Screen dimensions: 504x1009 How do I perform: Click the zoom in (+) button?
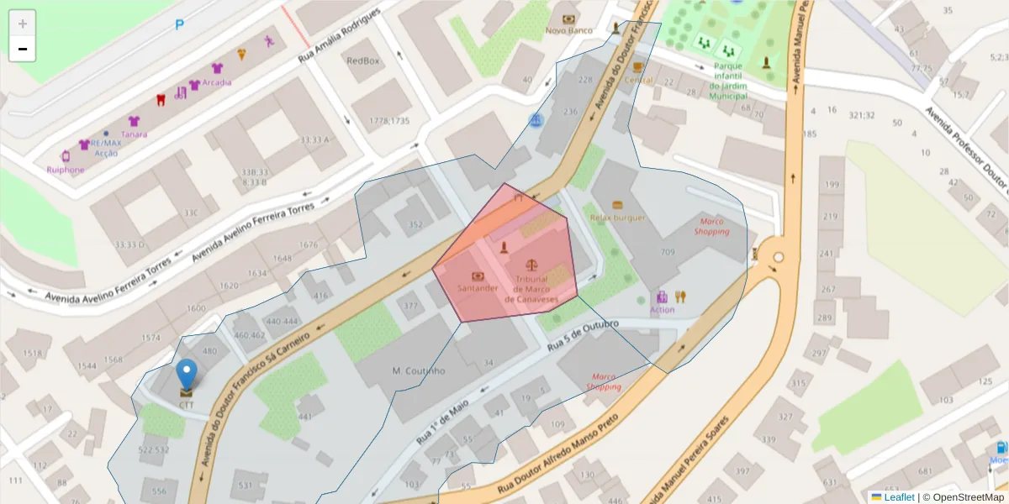[23, 24]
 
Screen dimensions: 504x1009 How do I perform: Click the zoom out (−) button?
[23, 49]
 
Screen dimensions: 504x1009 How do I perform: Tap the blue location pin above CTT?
[186, 375]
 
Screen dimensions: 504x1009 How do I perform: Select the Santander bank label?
[478, 288]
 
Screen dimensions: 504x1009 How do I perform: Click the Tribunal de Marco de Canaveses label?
[531, 289]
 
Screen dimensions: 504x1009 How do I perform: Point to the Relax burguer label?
[618, 218]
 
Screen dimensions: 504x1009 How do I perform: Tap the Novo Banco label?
[569, 31]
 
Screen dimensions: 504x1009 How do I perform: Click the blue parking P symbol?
[179, 25]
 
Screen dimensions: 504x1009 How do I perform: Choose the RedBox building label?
[363, 60]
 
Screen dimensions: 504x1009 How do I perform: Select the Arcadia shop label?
[216, 82]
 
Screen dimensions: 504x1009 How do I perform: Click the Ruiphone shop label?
[66, 169]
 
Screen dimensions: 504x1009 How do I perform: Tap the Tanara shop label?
[134, 134]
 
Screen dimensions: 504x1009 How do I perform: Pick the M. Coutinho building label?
[419, 370]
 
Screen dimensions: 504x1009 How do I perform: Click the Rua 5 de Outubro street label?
[583, 334]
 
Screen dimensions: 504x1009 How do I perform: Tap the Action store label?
[662, 310]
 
